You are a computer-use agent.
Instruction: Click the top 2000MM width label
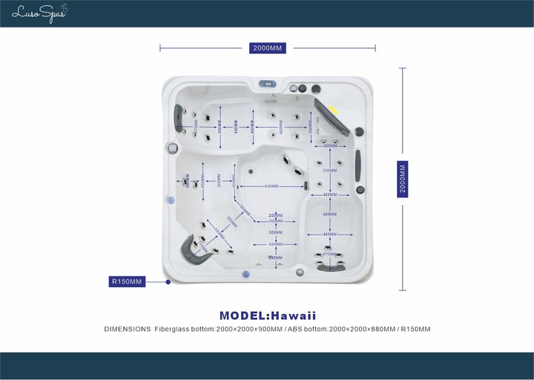(x=268, y=48)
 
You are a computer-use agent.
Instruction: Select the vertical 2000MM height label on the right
(x=403, y=178)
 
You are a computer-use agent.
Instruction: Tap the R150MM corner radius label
(x=126, y=281)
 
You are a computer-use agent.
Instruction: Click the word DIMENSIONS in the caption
(x=127, y=329)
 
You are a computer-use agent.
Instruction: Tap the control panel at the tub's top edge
(x=268, y=83)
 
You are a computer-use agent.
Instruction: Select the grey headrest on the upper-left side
(x=179, y=116)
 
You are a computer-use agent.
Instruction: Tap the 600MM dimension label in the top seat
(x=281, y=127)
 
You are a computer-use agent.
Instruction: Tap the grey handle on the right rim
(x=357, y=164)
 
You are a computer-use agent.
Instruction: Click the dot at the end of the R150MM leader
(x=168, y=282)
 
